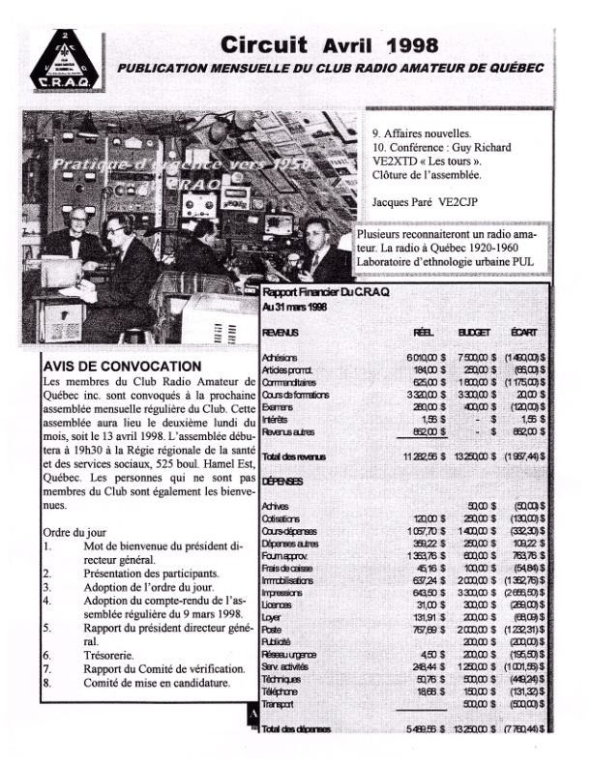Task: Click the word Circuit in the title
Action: (264, 44)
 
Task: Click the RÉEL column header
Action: (424, 332)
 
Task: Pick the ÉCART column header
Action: (523, 332)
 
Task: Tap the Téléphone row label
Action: (281, 692)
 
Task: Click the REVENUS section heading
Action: (281, 332)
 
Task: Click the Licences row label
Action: (278, 601)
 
